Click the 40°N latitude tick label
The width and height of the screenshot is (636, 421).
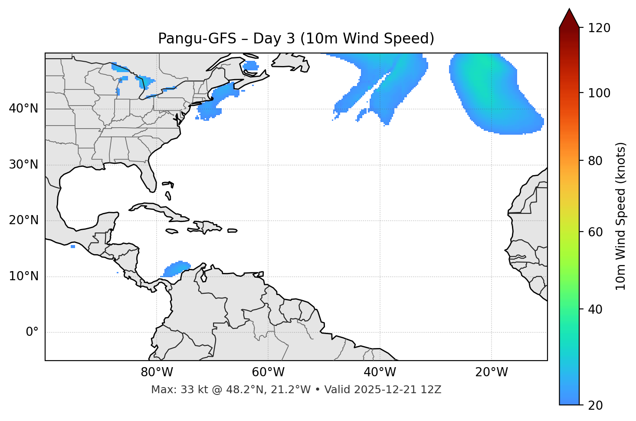(23, 109)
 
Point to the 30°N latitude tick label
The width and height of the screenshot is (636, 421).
(23, 165)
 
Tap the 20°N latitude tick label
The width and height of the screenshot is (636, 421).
(23, 220)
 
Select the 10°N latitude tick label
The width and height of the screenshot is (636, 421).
(23, 276)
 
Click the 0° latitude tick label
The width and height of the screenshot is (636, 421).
(32, 332)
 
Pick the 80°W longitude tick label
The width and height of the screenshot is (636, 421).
(157, 372)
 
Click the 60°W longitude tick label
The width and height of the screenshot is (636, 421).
(268, 372)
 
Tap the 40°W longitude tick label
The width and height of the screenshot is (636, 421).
(380, 372)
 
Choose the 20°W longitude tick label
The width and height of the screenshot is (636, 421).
(492, 372)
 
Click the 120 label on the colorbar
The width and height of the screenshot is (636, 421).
(599, 28)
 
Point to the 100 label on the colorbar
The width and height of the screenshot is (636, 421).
(599, 93)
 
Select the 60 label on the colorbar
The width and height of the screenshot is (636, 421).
(595, 232)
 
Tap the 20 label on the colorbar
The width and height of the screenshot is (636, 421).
(595, 405)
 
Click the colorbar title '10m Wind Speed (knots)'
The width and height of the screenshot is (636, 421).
(621, 216)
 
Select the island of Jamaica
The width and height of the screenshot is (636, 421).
(172, 231)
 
